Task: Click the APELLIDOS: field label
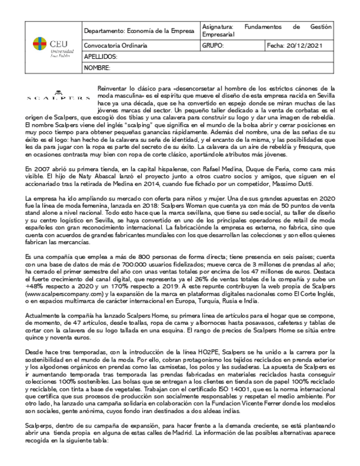click(101, 57)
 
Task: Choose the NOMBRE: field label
click(97, 68)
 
